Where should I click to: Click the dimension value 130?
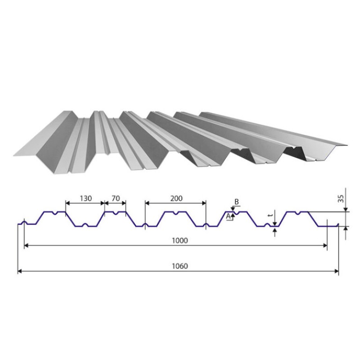pyautogui.click(x=85, y=198)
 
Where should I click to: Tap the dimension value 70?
pyautogui.click(x=116, y=198)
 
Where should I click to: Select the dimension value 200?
pyautogui.click(x=176, y=198)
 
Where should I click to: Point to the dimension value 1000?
pyautogui.click(x=180, y=240)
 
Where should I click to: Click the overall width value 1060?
pyautogui.click(x=180, y=266)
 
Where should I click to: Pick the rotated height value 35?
pyautogui.click(x=342, y=198)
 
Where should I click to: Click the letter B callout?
pyautogui.click(x=237, y=202)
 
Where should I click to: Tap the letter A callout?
pyautogui.click(x=228, y=216)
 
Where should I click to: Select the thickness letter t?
pyautogui.click(x=270, y=216)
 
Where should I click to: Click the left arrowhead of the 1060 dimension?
pyautogui.click(x=20, y=271)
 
